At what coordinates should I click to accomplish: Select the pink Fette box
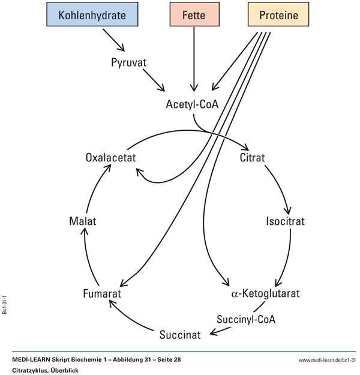pyautogui.click(x=194, y=16)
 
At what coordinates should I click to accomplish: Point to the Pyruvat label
pyautogui.click(x=129, y=62)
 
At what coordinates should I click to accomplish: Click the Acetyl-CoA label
pyautogui.click(x=193, y=104)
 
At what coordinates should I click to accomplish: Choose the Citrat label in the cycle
pyautogui.click(x=252, y=158)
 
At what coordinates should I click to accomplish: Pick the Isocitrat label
pyautogui.click(x=286, y=221)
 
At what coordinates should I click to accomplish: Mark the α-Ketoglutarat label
pyautogui.click(x=265, y=293)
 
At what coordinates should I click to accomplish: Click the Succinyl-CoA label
pyautogui.click(x=246, y=319)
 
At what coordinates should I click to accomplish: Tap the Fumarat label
pyautogui.click(x=103, y=293)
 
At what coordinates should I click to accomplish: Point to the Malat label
pyautogui.click(x=82, y=221)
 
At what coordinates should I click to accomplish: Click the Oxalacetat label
pyautogui.click(x=111, y=158)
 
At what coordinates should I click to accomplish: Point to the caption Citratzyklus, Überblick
pyautogui.click(x=45, y=370)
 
